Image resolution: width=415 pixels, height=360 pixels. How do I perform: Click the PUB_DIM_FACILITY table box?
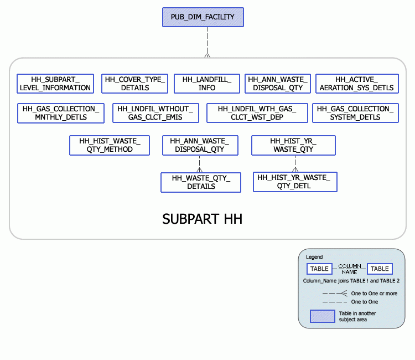(203, 17)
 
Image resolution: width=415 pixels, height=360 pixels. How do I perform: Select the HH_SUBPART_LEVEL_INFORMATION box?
(55, 84)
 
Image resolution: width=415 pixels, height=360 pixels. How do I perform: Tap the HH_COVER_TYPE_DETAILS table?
(134, 84)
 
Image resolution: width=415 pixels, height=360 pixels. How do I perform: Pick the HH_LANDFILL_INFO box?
(206, 84)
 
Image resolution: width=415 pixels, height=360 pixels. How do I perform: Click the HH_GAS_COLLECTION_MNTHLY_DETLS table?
(61, 113)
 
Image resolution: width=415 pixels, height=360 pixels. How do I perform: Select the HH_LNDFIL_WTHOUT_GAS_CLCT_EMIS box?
(155, 113)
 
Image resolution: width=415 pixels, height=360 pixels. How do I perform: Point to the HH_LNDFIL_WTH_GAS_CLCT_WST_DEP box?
(257, 113)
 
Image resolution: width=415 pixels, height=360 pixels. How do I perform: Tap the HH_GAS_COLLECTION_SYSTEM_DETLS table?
(354, 113)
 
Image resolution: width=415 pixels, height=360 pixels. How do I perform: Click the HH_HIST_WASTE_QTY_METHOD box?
(110, 145)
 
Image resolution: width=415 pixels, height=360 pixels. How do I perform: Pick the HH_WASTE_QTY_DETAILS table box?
(201, 182)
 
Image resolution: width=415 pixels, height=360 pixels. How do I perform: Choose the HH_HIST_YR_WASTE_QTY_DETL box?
(295, 182)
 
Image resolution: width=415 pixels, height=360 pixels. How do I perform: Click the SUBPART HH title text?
(202, 219)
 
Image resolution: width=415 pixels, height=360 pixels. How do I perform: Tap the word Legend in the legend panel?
(314, 257)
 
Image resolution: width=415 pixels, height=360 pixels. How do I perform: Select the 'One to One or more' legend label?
(374, 293)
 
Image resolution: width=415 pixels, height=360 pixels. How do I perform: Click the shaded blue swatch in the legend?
(323, 316)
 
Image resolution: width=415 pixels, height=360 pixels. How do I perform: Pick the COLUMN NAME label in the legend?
(349, 269)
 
